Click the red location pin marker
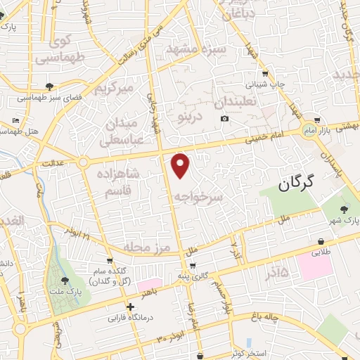[181, 165]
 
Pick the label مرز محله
[147, 247]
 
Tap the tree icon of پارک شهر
[344, 209]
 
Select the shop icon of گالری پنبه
[191, 266]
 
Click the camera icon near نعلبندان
[224, 117]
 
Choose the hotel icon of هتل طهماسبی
[16, 120]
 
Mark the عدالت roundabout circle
[83, 162]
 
